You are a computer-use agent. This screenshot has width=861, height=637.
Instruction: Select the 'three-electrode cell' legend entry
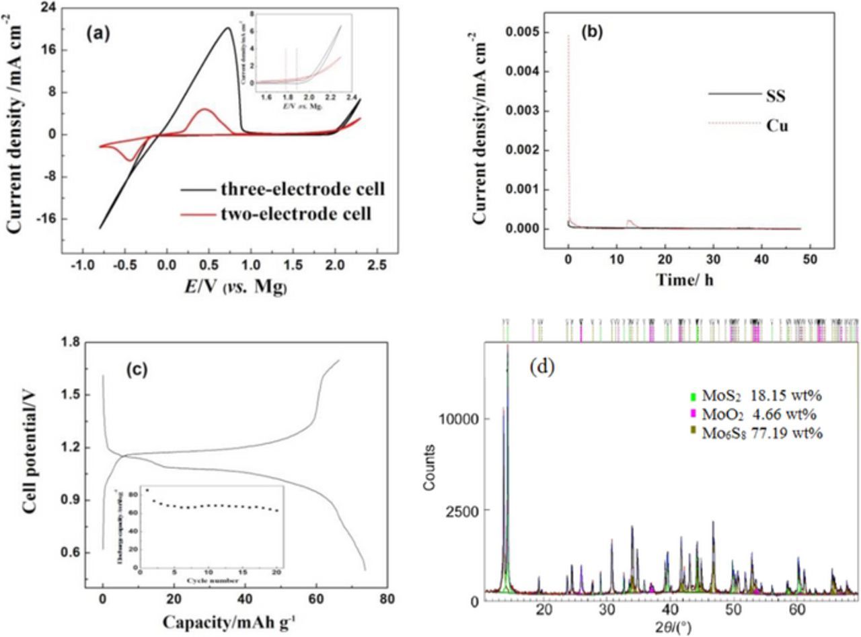[x=302, y=189]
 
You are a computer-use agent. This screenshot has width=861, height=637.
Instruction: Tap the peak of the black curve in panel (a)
[x=227, y=28]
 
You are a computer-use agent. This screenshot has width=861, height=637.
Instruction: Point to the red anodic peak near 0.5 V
[x=205, y=109]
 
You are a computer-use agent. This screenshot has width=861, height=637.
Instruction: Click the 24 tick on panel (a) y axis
[x=46, y=7]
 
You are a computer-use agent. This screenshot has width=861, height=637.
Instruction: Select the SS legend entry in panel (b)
[x=776, y=96]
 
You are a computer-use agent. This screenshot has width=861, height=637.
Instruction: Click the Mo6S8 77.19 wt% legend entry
[x=760, y=434]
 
